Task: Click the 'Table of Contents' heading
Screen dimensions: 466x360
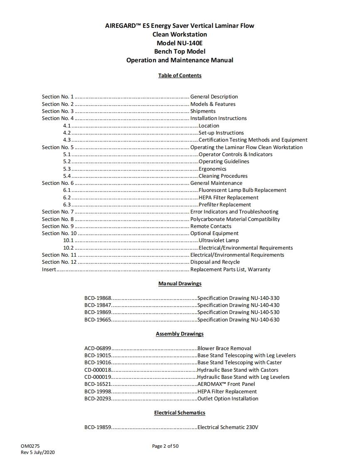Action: (x=180, y=76)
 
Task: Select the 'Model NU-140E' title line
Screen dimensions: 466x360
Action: (x=180, y=43)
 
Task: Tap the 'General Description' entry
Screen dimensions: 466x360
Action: (x=214, y=97)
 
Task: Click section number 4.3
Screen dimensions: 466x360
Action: (x=67, y=140)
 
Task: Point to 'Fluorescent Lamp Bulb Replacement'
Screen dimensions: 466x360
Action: (x=242, y=190)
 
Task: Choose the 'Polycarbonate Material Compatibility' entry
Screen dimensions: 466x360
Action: (x=235, y=219)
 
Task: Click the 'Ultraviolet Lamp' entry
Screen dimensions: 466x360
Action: (x=219, y=240)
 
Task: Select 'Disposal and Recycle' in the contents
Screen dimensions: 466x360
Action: (x=215, y=262)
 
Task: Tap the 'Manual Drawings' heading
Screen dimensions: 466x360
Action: (x=180, y=284)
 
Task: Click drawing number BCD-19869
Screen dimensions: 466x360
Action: (x=98, y=312)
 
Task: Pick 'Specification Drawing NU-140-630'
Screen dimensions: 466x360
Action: (x=238, y=320)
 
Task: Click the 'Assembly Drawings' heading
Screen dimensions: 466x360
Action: (x=180, y=334)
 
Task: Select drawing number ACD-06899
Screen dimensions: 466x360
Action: (x=98, y=348)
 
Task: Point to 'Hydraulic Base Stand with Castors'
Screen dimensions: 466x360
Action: (x=238, y=370)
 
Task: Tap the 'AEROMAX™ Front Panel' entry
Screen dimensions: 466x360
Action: (x=226, y=384)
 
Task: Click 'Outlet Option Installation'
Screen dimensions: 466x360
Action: (x=228, y=399)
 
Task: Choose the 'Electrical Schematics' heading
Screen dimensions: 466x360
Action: (x=180, y=413)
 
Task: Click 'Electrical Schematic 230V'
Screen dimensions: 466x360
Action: (x=228, y=427)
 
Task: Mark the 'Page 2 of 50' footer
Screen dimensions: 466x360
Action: (x=165, y=446)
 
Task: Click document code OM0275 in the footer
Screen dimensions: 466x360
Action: (x=30, y=446)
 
